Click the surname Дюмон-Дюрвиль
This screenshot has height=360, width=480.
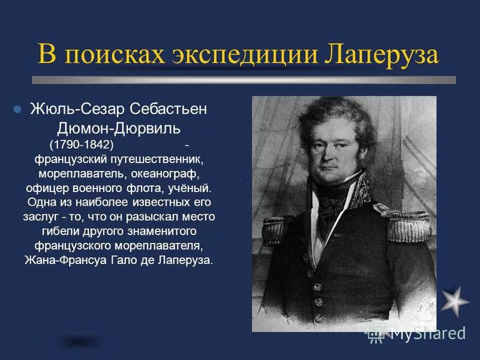[x=119, y=129]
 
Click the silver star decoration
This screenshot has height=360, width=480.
[x=455, y=301]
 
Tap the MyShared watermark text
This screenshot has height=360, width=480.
[x=427, y=333]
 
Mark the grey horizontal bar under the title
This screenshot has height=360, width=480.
[x=243, y=80]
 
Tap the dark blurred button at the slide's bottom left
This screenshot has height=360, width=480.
[x=78, y=341]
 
